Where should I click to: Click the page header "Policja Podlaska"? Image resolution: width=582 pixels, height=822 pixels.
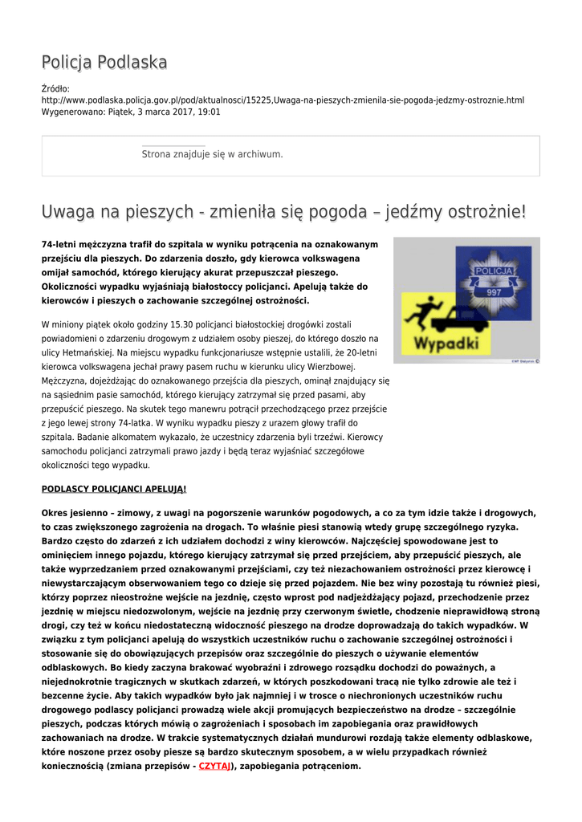(104, 63)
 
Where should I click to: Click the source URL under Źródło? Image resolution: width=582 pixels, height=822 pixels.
(283, 100)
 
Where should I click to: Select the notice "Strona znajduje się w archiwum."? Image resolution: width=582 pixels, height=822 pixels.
(212, 154)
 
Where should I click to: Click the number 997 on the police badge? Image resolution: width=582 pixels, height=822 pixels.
(494, 291)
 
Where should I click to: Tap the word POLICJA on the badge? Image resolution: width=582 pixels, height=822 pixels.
(493, 271)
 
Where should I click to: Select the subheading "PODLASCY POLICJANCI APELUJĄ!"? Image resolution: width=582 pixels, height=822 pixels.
(113, 488)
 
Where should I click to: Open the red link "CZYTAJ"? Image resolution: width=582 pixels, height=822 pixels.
(214, 766)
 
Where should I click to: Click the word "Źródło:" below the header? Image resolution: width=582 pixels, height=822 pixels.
(55, 88)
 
